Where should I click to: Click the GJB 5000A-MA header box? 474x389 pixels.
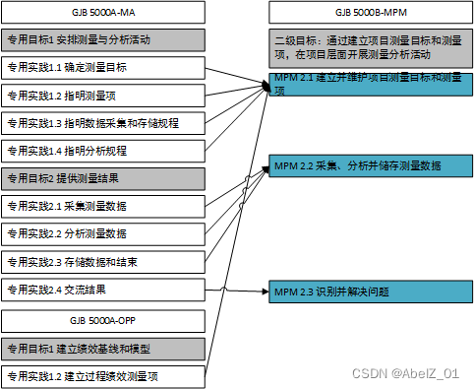(x=103, y=13)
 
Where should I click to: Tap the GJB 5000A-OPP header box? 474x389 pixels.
(x=103, y=320)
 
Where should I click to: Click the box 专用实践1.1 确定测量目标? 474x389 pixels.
(x=103, y=68)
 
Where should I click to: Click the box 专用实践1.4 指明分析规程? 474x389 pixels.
(x=103, y=151)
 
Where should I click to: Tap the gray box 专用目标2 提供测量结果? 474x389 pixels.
(x=103, y=178)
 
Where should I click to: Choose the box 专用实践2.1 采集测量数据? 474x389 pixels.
(x=103, y=207)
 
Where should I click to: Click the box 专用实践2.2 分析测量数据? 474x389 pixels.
(x=103, y=234)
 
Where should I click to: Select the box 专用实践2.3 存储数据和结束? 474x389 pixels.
(x=103, y=262)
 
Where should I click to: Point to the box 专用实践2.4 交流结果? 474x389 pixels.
(x=103, y=291)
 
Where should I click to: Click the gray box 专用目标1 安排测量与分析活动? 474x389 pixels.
(x=103, y=40)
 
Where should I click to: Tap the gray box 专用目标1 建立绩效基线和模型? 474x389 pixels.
(x=103, y=348)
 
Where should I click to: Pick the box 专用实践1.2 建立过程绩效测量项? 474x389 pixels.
(x=103, y=375)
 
